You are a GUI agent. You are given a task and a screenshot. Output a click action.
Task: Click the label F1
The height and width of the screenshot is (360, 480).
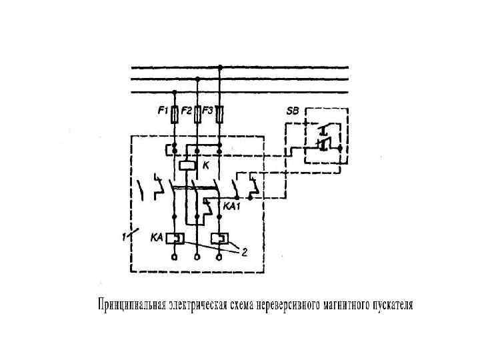click(163, 111)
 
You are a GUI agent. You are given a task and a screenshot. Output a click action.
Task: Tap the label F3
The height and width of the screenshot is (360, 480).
click(208, 111)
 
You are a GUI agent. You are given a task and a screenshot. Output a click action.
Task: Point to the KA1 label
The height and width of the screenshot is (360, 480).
click(231, 207)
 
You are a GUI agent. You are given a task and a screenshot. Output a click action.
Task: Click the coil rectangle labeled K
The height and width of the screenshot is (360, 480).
click(187, 165)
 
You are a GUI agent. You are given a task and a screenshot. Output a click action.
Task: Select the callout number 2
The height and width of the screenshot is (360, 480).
click(244, 253)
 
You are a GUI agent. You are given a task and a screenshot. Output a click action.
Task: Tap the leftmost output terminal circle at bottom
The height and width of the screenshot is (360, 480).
click(175, 257)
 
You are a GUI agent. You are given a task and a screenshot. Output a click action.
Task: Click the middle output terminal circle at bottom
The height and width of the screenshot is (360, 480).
click(197, 257)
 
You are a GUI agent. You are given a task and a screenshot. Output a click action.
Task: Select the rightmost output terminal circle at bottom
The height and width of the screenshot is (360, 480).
click(220, 257)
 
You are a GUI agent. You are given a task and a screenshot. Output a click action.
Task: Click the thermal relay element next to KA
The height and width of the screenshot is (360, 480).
click(175, 237)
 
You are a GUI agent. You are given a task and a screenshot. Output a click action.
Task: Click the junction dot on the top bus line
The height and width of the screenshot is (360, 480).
click(220, 67)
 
